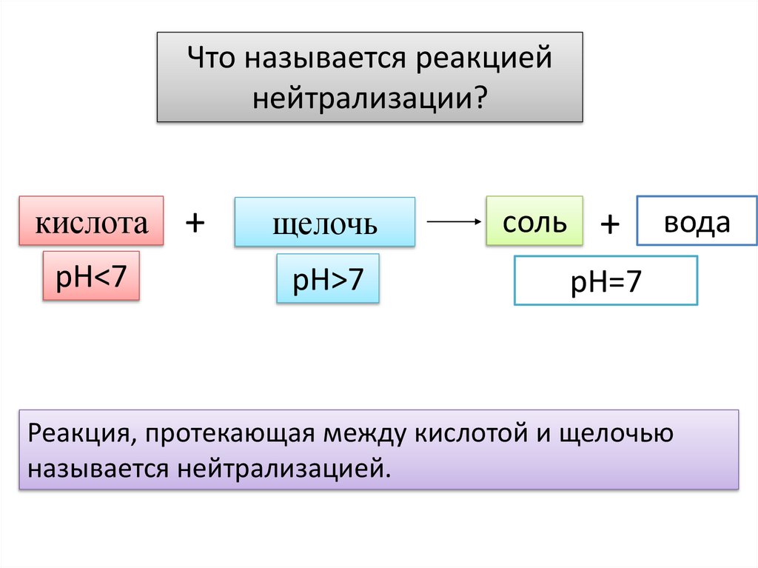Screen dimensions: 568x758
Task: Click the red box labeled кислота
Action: coord(90,221)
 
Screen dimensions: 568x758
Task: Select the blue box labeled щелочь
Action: coord(324,222)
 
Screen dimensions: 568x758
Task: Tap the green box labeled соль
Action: coord(534,221)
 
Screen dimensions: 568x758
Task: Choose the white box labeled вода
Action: coord(696,221)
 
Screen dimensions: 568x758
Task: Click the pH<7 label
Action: coord(91,275)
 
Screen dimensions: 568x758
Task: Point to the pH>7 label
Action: coord(327,278)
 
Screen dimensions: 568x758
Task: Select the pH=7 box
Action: coord(606,281)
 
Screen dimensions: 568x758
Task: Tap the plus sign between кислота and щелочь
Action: coord(195,221)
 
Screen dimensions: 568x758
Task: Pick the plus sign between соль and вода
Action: coord(610,224)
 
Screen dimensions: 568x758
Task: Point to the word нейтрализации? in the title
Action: coord(369,97)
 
